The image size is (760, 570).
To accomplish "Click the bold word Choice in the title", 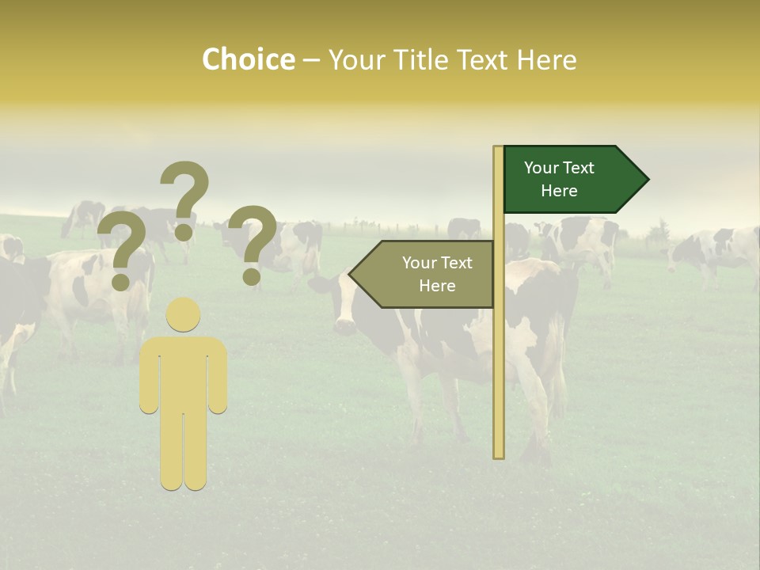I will click(x=248, y=59).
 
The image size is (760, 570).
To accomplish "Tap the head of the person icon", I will click(x=183, y=314).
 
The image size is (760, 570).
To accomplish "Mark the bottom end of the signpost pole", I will click(x=499, y=454).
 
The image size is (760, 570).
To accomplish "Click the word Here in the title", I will click(x=546, y=59).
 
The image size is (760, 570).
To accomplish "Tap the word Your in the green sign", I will click(x=541, y=168).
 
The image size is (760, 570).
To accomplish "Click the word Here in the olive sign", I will click(x=437, y=286).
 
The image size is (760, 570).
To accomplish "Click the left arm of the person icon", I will click(x=148, y=380).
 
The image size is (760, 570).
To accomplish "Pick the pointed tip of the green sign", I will click(x=647, y=179).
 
